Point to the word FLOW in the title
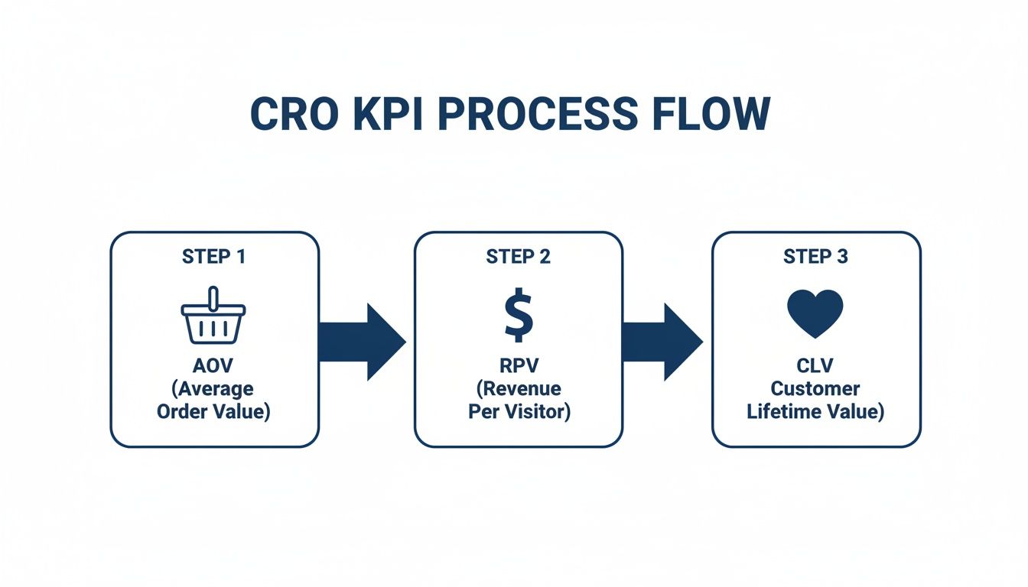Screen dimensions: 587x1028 (714, 113)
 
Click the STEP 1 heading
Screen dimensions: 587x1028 (214, 257)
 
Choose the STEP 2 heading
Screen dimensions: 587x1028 (518, 257)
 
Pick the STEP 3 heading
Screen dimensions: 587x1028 (815, 257)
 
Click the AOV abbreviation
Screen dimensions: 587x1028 (214, 366)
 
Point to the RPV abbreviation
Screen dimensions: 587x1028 (518, 366)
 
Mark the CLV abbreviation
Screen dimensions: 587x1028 (815, 366)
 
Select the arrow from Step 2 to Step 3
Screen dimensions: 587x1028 (662, 342)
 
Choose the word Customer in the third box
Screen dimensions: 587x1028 (815, 389)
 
